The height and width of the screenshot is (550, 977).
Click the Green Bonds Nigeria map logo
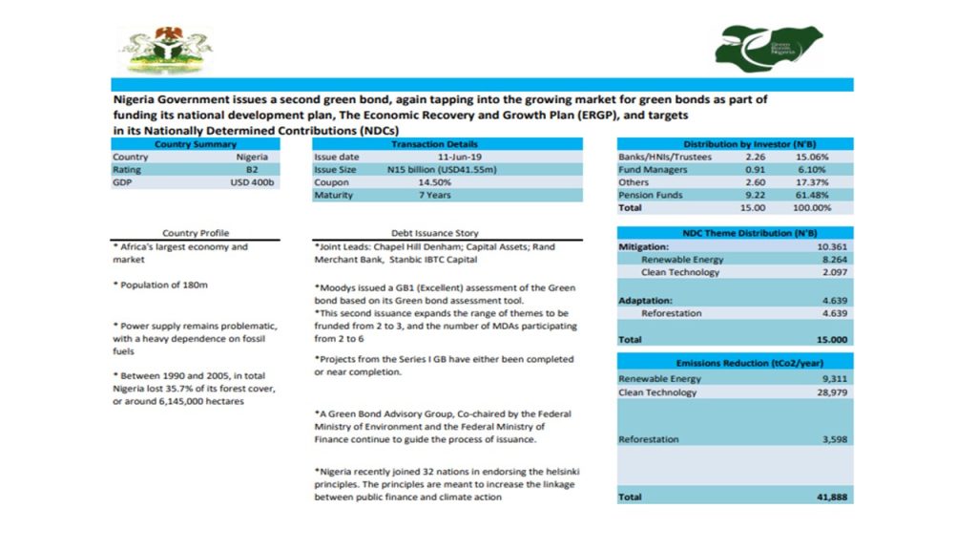(768, 44)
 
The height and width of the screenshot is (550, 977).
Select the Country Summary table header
(195, 143)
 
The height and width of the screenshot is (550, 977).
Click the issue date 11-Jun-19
(460, 156)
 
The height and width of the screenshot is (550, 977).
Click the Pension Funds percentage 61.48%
(812, 195)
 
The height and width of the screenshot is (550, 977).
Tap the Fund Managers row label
(654, 169)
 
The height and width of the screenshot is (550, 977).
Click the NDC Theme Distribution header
(735, 233)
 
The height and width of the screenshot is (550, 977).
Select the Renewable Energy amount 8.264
(832, 259)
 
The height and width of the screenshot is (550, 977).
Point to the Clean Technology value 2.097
(832, 272)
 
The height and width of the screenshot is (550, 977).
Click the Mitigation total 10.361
(831, 246)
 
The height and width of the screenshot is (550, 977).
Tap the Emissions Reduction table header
(735, 364)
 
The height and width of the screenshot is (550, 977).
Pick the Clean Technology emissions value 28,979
(830, 392)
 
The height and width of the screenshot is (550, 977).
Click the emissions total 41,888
(831, 497)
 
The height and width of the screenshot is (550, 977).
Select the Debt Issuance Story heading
(435, 233)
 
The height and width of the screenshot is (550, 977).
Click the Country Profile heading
(196, 233)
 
